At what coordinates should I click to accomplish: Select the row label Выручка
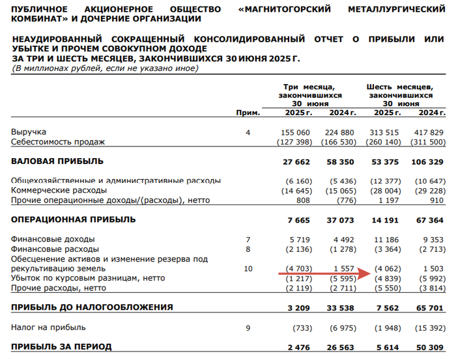29,132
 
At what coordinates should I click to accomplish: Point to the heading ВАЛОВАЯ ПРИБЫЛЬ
57,161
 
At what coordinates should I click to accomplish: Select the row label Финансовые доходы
53,239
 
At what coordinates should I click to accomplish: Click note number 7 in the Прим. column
248,239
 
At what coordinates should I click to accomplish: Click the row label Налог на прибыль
48,327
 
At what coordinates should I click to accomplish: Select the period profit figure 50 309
430,347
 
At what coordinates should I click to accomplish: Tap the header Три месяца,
309,86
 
